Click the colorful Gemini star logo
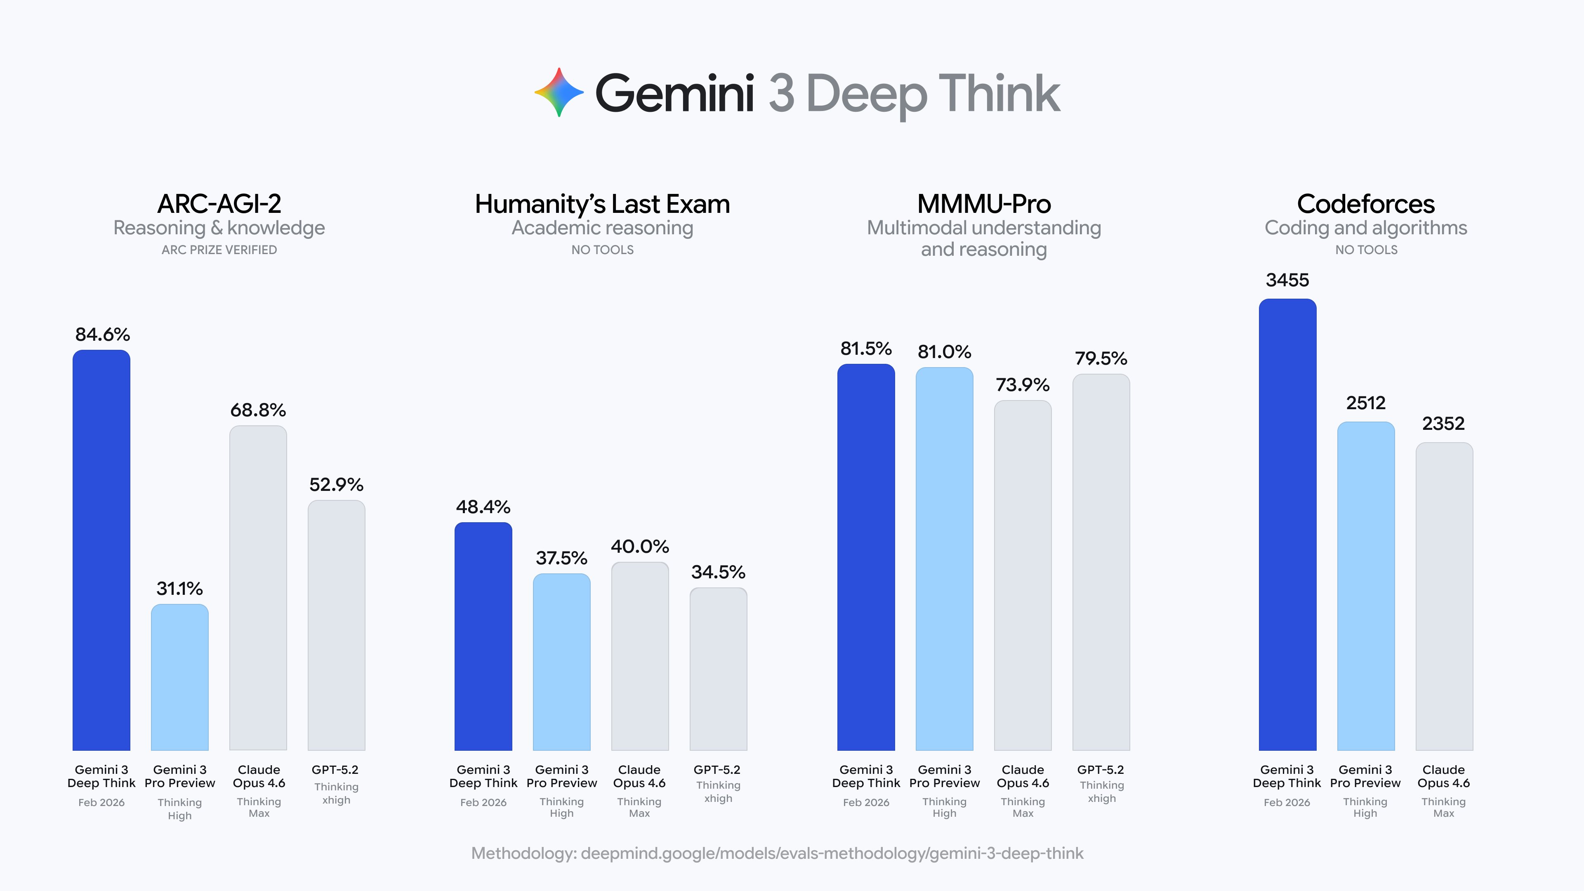559,92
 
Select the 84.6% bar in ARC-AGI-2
101,550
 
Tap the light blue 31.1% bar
179,676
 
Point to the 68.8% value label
258,410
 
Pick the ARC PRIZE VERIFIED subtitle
219,250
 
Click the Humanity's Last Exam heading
602,204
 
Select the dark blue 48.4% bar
483,636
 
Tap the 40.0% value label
639,546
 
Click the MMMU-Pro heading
984,204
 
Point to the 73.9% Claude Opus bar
1023,575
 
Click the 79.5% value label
1101,358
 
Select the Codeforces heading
1366,204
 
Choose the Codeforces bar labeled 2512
1366,585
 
